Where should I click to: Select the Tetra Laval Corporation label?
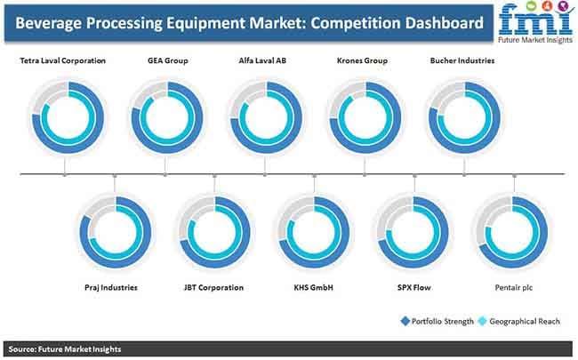63,61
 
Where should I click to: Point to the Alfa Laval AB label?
264,61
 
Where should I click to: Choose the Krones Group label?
363,61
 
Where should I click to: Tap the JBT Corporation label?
213,289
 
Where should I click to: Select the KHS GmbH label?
313,289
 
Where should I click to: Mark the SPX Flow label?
413,289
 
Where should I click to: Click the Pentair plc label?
512,289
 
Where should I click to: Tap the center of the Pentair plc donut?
512,234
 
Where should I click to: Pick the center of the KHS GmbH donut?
313,234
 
